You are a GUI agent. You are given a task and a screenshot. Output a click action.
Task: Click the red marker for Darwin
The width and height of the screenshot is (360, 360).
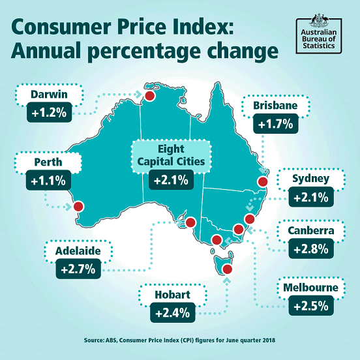pyautogui.click(x=149, y=97)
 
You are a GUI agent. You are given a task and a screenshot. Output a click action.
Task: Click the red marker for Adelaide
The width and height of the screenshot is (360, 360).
pyautogui.click(x=190, y=223)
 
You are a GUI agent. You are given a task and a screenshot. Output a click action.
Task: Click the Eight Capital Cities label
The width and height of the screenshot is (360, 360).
pyautogui.click(x=170, y=155)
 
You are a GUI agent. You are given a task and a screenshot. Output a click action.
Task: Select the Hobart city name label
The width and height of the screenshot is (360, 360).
pyautogui.click(x=172, y=295)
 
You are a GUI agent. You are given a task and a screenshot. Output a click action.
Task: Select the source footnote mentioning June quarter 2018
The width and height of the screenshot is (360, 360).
pyautogui.click(x=180, y=340)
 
